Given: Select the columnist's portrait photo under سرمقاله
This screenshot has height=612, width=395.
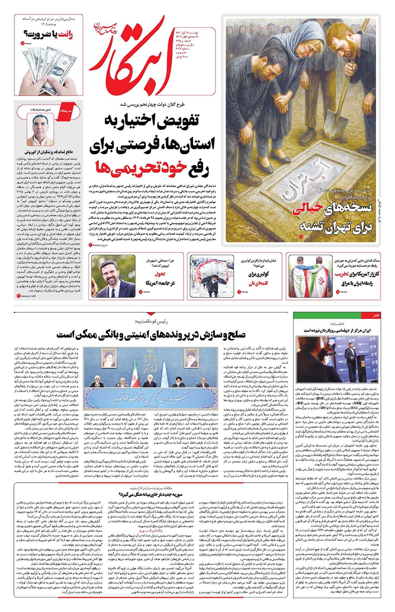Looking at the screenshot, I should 42,130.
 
